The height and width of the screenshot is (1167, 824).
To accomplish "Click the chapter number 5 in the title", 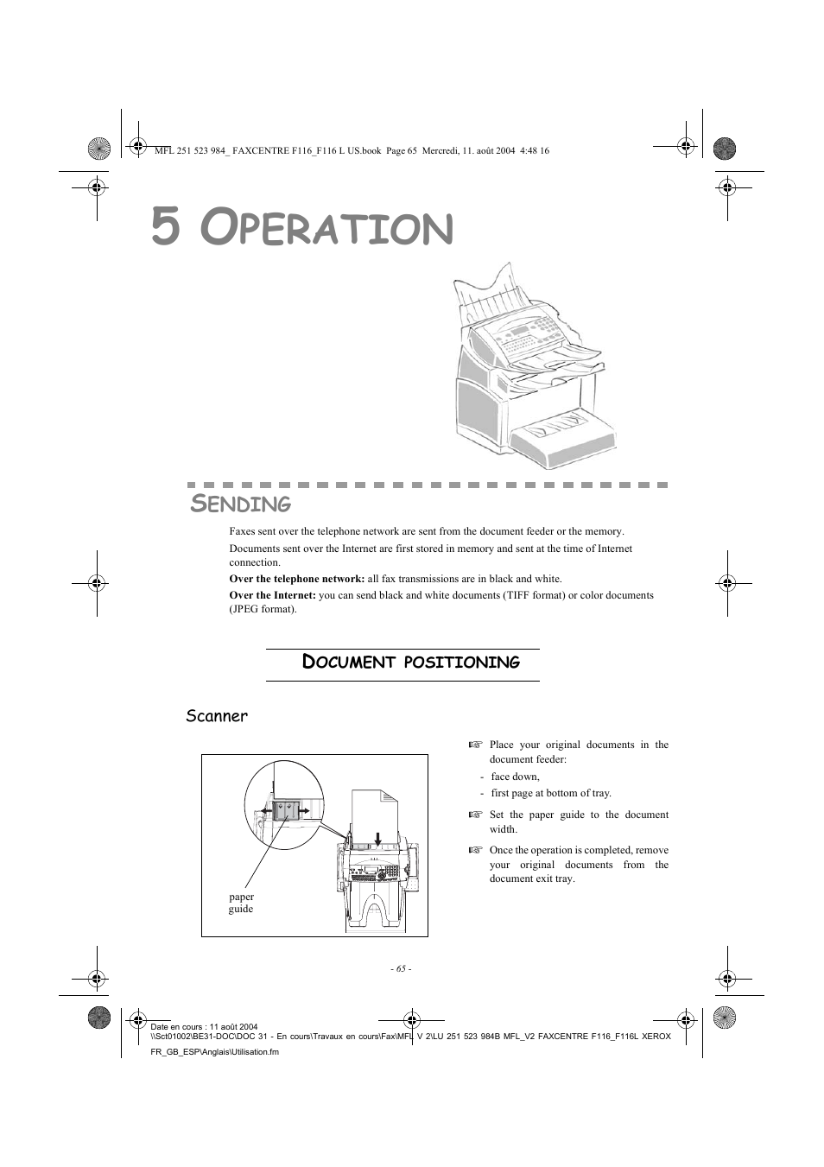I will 166,227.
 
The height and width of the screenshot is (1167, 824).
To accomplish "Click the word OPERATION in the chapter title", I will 326,228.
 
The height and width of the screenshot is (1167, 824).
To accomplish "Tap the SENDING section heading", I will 241,503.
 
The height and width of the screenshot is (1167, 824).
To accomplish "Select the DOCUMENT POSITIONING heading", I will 410,663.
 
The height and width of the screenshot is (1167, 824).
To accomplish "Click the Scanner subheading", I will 217,716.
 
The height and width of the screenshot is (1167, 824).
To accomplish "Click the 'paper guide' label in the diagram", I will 241,903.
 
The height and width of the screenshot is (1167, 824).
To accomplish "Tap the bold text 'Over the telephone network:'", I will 296,579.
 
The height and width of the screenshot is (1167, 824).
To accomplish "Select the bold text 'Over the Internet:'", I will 272,595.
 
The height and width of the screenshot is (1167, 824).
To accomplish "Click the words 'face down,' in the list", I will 515,777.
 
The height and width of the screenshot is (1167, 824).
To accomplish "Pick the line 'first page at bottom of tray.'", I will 551,793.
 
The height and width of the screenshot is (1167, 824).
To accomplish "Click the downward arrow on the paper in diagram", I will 378,837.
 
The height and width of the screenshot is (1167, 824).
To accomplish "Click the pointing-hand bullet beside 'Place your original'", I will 474,745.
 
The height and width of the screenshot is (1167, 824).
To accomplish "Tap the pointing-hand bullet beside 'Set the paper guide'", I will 474,815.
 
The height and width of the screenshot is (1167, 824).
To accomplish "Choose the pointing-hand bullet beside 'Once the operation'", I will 474,850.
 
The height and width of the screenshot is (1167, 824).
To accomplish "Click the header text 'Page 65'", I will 401,150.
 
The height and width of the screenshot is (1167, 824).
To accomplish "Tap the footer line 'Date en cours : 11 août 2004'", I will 204,1027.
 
